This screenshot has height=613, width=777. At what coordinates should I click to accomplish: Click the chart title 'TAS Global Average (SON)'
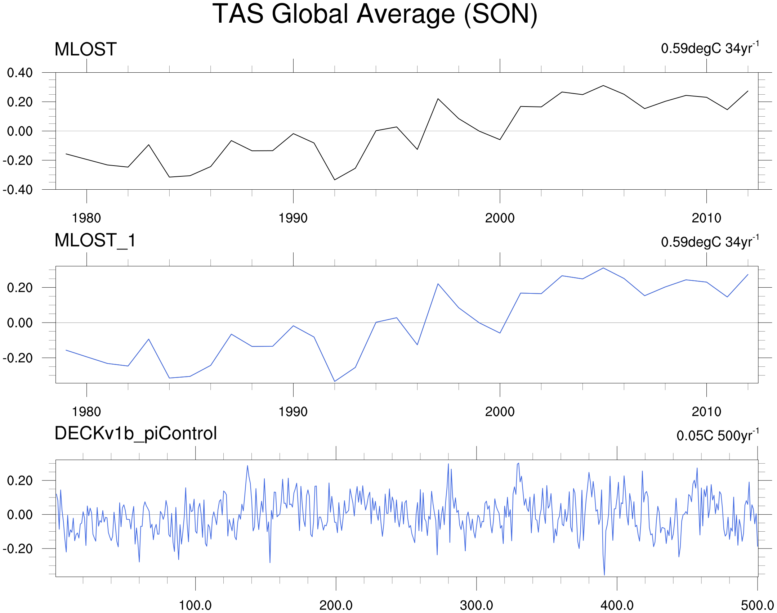(x=375, y=14)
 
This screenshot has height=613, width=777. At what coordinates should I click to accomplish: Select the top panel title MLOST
(x=85, y=49)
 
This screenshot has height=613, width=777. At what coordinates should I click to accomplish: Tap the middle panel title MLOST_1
(x=95, y=240)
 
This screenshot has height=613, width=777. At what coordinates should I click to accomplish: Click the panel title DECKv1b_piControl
(x=135, y=433)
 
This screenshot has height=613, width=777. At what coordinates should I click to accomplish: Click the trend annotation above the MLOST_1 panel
(x=710, y=242)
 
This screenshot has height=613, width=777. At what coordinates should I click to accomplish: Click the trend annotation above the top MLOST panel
(x=710, y=48)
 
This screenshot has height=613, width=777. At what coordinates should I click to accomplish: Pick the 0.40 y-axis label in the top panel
(x=20, y=73)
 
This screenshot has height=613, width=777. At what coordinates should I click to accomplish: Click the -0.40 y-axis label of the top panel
(x=18, y=190)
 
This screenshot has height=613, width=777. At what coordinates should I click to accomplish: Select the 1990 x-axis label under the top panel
(x=293, y=218)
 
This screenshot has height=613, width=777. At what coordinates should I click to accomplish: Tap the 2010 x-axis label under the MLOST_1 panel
(x=706, y=412)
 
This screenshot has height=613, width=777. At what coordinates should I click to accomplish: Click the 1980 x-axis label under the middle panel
(x=86, y=412)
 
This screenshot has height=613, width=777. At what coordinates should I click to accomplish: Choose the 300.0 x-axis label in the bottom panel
(x=476, y=605)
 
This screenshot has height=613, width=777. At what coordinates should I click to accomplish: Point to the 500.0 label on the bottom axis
(x=757, y=605)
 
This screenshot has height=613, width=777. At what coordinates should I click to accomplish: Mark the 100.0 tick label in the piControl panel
(x=195, y=605)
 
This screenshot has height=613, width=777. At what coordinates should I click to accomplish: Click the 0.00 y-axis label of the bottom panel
(x=20, y=514)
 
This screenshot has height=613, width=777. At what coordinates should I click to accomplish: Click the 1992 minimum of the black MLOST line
(x=335, y=180)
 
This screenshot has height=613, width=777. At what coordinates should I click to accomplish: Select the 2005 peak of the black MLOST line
(x=603, y=86)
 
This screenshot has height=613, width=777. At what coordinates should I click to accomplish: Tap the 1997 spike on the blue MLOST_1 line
(x=438, y=284)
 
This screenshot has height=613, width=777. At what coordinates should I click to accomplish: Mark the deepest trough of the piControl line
(x=604, y=575)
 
